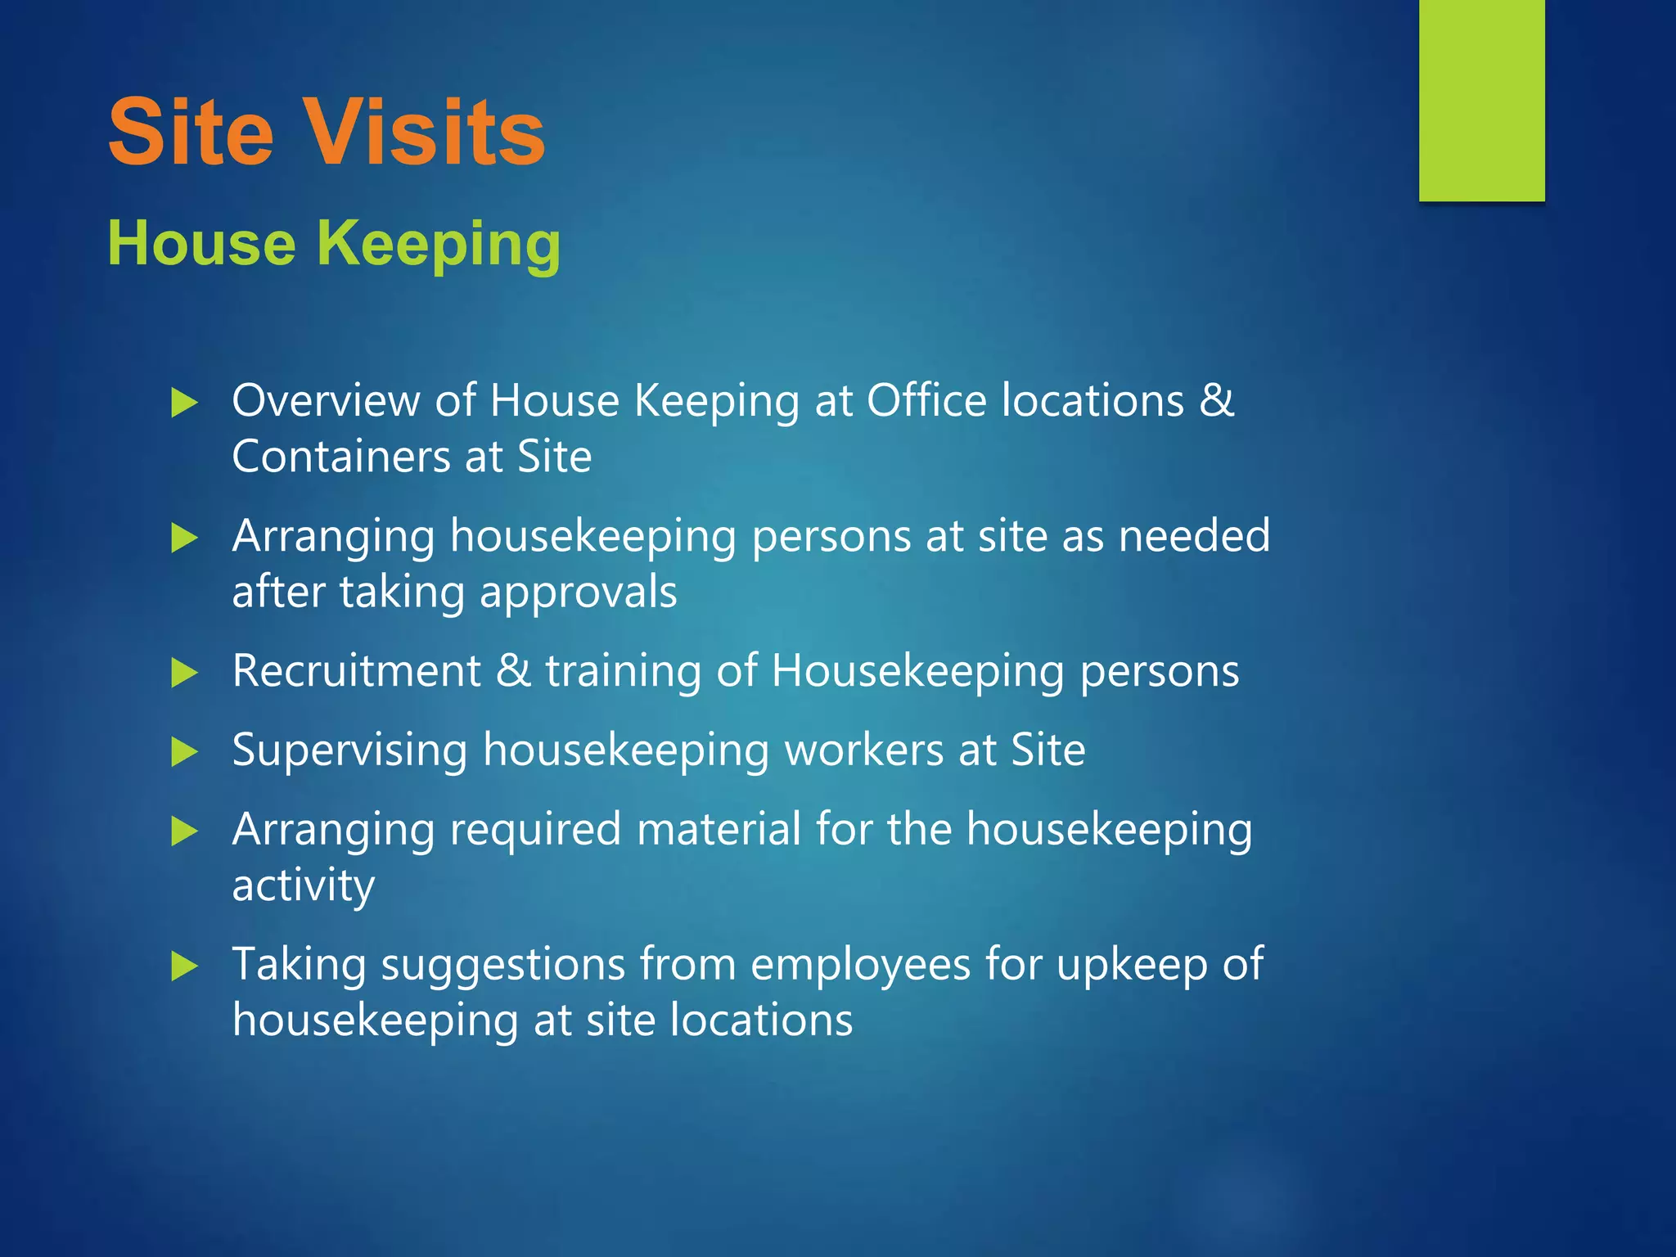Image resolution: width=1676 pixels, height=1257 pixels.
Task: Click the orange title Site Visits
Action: point(327,133)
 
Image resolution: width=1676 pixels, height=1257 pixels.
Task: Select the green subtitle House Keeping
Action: point(334,244)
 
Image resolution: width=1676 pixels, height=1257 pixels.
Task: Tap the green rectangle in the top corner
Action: point(1481,100)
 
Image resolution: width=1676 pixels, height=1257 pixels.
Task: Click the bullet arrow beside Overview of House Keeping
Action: point(185,403)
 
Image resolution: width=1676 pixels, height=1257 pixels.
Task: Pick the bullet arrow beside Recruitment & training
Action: point(185,674)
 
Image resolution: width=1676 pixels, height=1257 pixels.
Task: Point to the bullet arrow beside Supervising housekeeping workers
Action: point(185,752)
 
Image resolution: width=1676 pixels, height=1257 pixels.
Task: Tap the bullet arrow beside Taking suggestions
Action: point(185,966)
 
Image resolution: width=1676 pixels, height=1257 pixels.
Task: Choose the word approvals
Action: point(579,592)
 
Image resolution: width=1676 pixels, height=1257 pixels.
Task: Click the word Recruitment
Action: point(357,671)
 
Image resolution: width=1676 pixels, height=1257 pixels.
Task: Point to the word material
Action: point(719,829)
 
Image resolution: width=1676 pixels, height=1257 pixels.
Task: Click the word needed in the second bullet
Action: point(1194,536)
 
